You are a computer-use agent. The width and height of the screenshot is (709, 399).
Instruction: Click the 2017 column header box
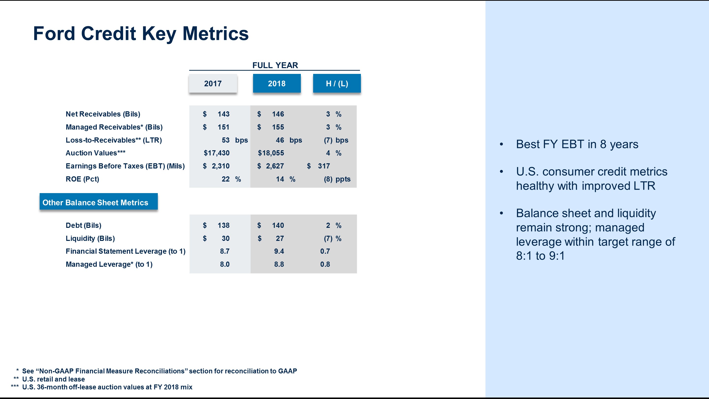tap(213, 83)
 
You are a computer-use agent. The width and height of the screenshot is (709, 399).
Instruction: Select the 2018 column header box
tap(277, 83)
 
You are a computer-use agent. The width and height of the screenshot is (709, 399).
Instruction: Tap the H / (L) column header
tap(337, 83)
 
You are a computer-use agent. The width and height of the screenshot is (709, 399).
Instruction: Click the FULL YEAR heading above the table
tap(275, 65)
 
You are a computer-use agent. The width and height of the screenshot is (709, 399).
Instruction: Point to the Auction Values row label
tap(95, 153)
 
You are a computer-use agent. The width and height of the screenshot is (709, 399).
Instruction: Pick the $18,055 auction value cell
tap(271, 153)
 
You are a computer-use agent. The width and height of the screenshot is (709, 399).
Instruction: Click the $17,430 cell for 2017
tap(216, 153)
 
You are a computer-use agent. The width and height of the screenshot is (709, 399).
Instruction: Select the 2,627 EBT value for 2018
tap(274, 166)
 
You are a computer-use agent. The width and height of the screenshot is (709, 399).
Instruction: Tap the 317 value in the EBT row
tap(324, 166)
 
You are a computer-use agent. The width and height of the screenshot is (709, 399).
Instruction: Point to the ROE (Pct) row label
tap(82, 179)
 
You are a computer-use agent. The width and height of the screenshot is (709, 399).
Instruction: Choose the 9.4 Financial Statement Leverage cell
tap(279, 251)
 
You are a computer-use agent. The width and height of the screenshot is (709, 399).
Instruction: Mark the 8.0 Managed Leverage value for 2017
tap(225, 264)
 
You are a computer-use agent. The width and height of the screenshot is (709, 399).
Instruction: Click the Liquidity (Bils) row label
tap(90, 238)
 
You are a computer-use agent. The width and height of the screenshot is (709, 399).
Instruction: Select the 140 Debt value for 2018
tap(278, 226)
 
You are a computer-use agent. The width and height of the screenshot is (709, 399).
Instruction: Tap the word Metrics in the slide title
tap(215, 34)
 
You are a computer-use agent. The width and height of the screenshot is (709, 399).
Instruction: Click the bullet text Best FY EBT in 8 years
tap(577, 144)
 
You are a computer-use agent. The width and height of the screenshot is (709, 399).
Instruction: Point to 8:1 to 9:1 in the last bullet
tap(540, 256)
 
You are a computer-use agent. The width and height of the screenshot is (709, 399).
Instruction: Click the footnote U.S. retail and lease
tap(53, 379)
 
